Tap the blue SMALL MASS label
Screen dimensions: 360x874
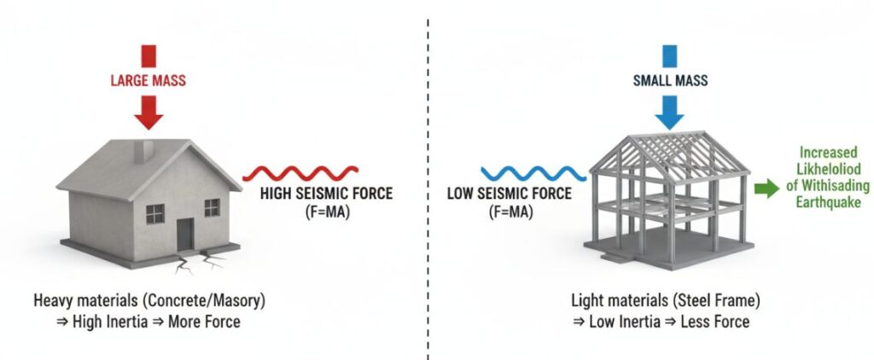[x=670, y=82]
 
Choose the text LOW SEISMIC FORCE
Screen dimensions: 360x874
[x=510, y=193]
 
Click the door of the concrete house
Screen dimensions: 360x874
[x=185, y=233]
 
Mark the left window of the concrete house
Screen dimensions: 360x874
[x=154, y=212]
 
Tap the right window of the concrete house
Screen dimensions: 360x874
[x=212, y=206]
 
